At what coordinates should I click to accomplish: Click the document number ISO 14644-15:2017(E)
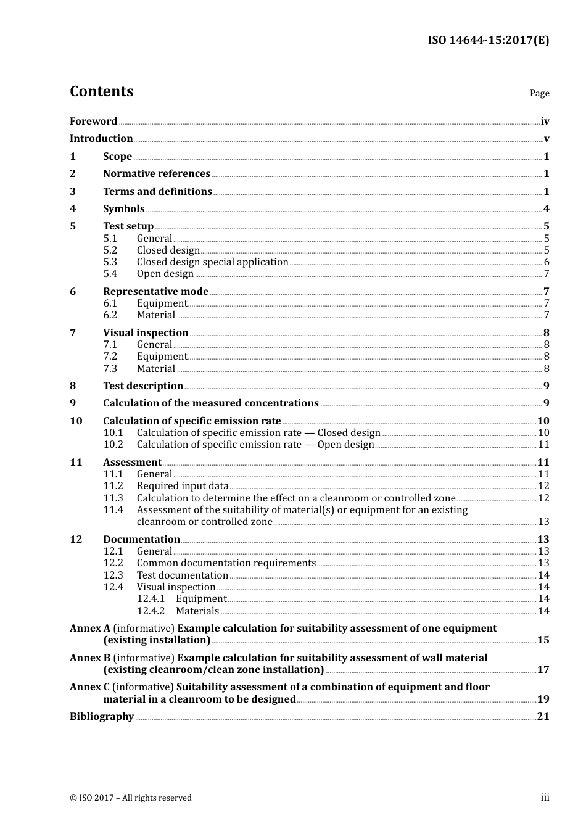pyautogui.click(x=488, y=40)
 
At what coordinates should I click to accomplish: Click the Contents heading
pyautogui.click(x=101, y=91)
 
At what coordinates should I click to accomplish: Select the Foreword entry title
pyautogui.click(x=93, y=121)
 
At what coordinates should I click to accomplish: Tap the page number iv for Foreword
pyautogui.click(x=545, y=122)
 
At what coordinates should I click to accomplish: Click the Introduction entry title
pyautogui.click(x=101, y=138)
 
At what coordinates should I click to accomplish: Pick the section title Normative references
pyautogui.click(x=157, y=173)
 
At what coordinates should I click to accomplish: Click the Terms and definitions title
pyautogui.click(x=157, y=191)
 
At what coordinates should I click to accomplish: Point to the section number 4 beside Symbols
pyautogui.click(x=73, y=208)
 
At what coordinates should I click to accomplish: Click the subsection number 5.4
pyautogui.click(x=110, y=273)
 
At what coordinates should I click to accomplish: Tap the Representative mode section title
pyautogui.click(x=155, y=291)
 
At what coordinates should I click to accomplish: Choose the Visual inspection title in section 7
pyautogui.click(x=146, y=332)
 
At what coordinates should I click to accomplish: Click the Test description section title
pyautogui.click(x=143, y=386)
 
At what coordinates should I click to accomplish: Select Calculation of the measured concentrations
pyautogui.click(x=211, y=403)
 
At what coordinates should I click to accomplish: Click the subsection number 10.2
pyautogui.click(x=113, y=444)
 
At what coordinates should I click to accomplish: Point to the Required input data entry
pyautogui.click(x=183, y=485)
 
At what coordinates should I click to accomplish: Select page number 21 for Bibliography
pyautogui.click(x=543, y=716)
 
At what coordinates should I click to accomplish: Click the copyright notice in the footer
pyautogui.click(x=131, y=798)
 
